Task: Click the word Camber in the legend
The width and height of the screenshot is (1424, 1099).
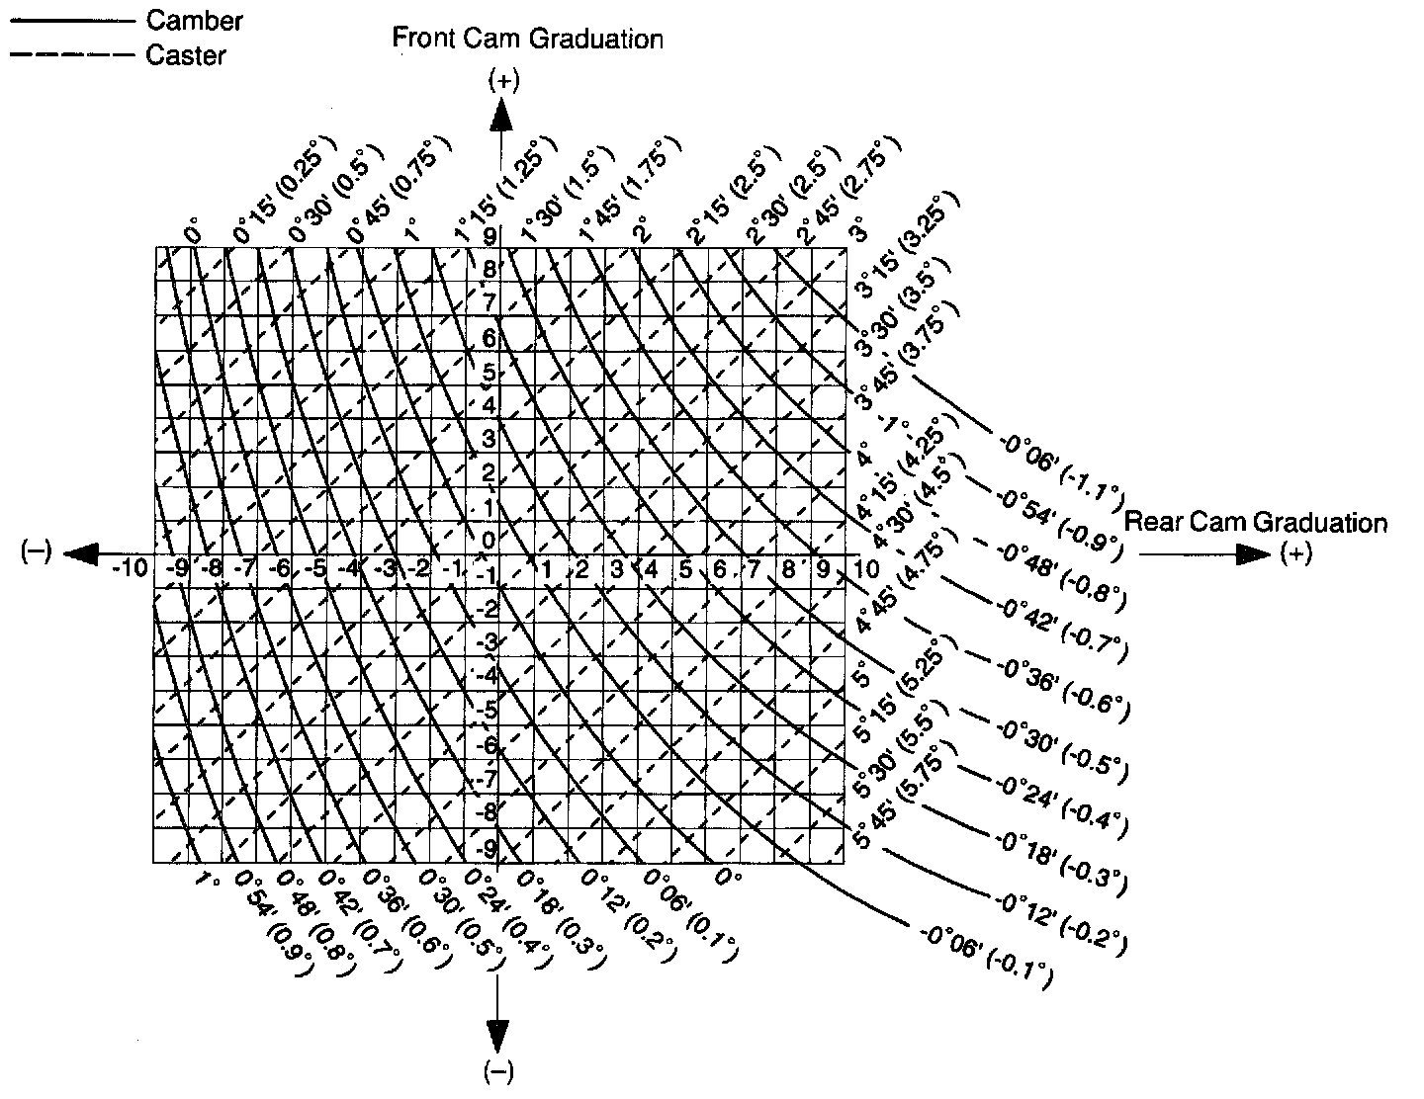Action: click(194, 20)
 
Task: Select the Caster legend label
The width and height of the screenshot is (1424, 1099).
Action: click(186, 55)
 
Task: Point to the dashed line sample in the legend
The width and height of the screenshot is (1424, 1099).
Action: click(71, 55)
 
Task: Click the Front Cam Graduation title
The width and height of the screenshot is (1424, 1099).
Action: click(527, 40)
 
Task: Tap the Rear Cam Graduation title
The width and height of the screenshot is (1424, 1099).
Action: click(1256, 522)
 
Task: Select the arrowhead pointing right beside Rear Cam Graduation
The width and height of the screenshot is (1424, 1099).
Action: click(1255, 554)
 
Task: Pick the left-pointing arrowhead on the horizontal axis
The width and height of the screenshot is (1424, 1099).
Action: click(81, 553)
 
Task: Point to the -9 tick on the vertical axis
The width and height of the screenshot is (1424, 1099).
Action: click(485, 848)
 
